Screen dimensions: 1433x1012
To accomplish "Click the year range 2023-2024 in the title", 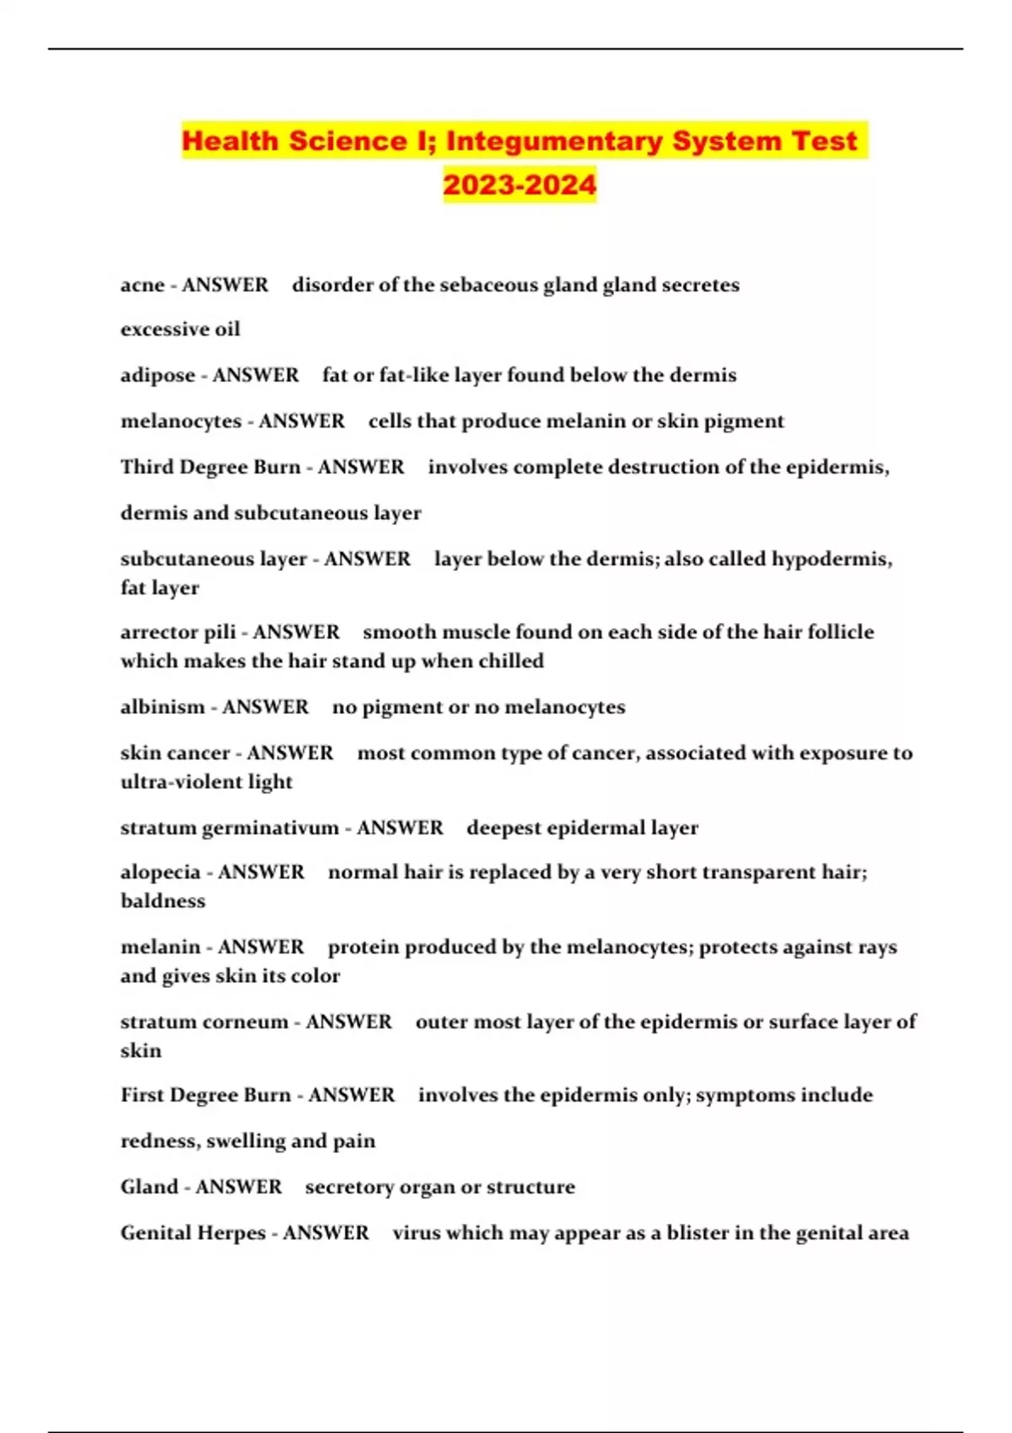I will coord(519,185).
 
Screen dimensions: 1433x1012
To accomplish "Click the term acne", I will coord(143,285).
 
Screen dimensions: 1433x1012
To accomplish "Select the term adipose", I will coord(158,375).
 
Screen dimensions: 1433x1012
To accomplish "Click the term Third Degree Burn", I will coord(210,467).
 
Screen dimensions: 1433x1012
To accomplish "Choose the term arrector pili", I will coord(178,632).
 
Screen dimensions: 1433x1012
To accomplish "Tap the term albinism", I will coord(163,707).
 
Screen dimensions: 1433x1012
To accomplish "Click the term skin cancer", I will coord(175,753).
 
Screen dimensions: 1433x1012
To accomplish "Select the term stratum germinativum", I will coord(229,828).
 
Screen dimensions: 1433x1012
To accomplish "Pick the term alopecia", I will coord(160,872).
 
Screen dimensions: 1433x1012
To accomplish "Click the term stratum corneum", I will coord(204,1022).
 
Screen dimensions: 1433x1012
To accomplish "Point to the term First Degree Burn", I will coord(206,1095).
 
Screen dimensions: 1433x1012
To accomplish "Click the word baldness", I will coord(163,901).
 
